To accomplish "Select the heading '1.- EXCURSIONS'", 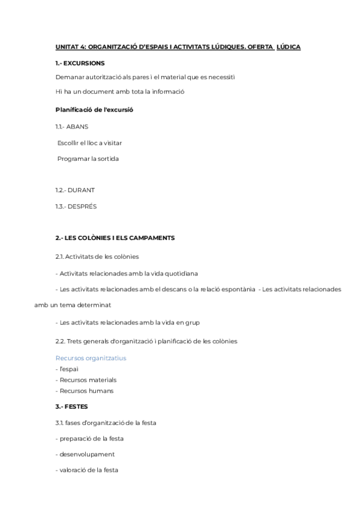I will pos(80,63).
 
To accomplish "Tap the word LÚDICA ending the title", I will pos(288,47).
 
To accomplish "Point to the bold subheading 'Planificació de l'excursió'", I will pos(94,110).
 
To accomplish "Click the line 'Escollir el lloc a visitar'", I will pos(90,143).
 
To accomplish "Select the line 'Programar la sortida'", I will pos(88,158).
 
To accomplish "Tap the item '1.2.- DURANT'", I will pos(75,190).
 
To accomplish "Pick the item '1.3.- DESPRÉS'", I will pos(76,206).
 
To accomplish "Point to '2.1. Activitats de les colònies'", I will pos(97,256).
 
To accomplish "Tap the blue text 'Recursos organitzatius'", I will pos(91,358).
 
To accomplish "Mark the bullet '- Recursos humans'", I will pos(84,391).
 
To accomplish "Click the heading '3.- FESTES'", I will pos(71,406).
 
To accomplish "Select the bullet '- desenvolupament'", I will pos(85,454).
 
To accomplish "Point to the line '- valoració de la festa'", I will pos(86,471).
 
